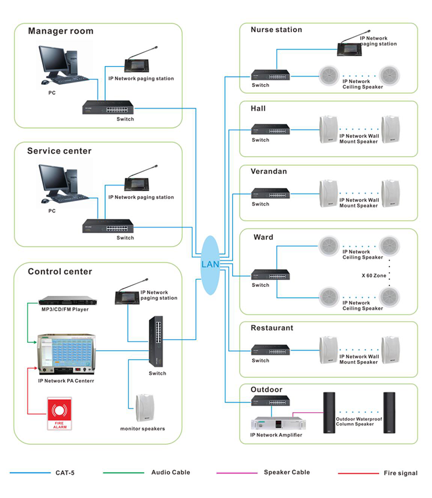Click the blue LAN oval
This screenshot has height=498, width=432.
coord(210,265)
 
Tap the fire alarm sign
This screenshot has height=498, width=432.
coord(59,413)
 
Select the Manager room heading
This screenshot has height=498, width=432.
coord(60,32)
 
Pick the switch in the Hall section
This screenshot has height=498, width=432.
coord(270,130)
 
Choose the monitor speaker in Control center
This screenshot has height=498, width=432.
coord(145,408)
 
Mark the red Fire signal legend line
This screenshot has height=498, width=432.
coord(358,473)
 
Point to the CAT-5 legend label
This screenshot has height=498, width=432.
coord(65,473)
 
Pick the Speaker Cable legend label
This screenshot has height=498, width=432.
coord(286,473)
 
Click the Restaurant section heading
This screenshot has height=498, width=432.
coord(272,328)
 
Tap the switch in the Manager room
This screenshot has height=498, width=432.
coord(109,107)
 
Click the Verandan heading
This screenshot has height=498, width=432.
coord(269,172)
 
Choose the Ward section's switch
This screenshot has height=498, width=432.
coord(270,275)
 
